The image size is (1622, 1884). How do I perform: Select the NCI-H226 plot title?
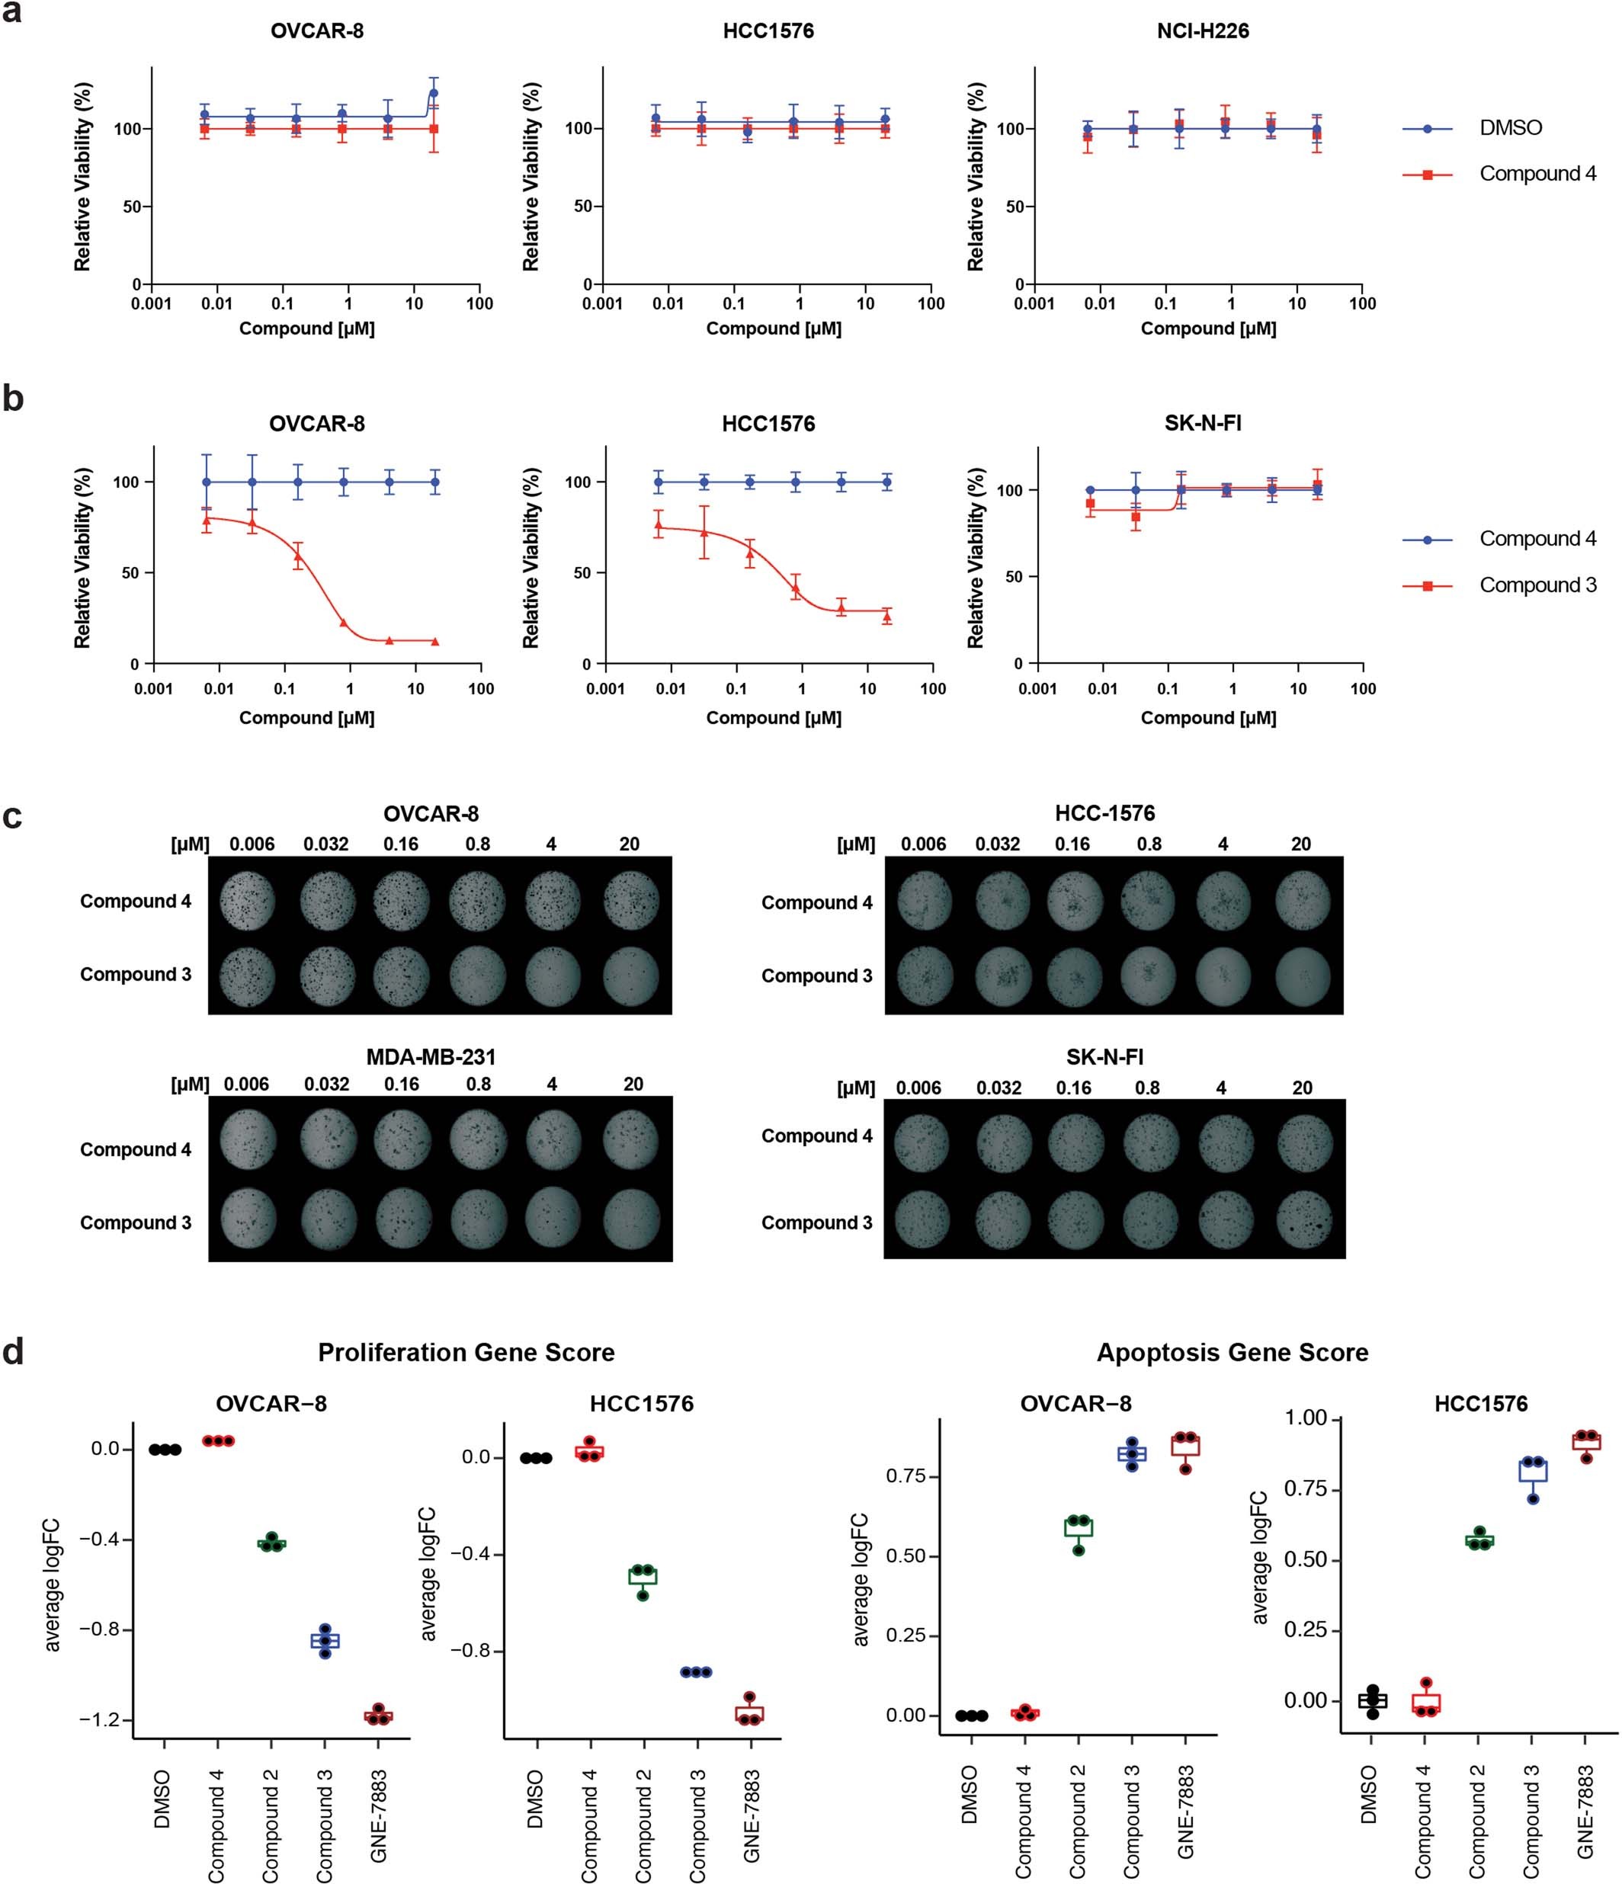(x=1202, y=31)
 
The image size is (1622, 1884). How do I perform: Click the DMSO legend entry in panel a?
(x=1509, y=128)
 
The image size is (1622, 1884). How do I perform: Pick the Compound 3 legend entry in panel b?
(x=1537, y=585)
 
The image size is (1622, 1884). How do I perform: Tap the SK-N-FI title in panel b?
(x=1202, y=424)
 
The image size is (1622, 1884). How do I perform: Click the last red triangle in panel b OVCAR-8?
(x=434, y=642)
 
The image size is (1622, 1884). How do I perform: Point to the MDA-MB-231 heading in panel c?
(x=430, y=1056)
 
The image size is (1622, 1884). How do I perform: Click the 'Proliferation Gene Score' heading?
(x=466, y=1353)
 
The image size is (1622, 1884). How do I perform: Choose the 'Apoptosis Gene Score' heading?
(x=1231, y=1353)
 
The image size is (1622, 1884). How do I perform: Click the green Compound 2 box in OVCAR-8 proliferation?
(x=271, y=1543)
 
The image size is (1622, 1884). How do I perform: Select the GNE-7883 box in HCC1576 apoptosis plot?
(x=1585, y=1442)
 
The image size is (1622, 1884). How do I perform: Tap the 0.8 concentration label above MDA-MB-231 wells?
(x=478, y=1084)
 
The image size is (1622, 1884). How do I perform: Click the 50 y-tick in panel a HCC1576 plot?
(x=582, y=207)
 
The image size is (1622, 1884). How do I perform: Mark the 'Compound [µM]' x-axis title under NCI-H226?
(x=1207, y=328)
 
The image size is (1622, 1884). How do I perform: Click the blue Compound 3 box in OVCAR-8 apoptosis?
(x=1131, y=1454)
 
